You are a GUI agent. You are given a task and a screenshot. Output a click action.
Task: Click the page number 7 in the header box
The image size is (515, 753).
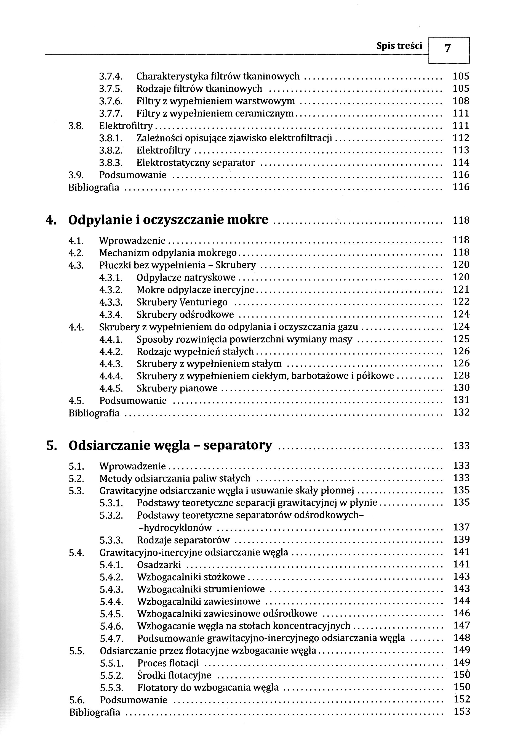click(448, 49)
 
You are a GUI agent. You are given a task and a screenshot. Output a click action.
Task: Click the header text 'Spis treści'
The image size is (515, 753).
click(399, 46)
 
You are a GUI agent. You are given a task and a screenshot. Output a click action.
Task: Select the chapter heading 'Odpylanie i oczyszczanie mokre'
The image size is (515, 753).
click(168, 220)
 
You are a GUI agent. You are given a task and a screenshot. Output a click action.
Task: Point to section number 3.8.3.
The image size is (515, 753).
click(111, 163)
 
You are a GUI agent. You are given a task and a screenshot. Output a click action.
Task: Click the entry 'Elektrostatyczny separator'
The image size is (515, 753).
click(196, 163)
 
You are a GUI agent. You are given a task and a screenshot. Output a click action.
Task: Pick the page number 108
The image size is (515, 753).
click(461, 101)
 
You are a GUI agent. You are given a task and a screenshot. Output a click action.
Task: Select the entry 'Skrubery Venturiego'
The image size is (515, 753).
click(182, 302)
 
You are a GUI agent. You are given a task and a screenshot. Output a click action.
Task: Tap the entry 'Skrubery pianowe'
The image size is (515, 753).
click(177, 388)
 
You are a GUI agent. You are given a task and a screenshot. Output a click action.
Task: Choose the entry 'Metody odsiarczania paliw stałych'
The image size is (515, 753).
click(175, 478)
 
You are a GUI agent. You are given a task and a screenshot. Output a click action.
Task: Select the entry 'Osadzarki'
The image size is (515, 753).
click(159, 565)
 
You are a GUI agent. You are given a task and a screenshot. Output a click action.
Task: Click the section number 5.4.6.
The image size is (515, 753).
click(111, 626)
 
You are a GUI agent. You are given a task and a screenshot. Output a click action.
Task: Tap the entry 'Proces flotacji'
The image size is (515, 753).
click(168, 663)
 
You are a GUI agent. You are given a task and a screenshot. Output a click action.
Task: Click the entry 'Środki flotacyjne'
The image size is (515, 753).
click(174, 676)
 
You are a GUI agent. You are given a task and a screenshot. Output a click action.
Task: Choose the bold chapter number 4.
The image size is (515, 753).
click(50, 220)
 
